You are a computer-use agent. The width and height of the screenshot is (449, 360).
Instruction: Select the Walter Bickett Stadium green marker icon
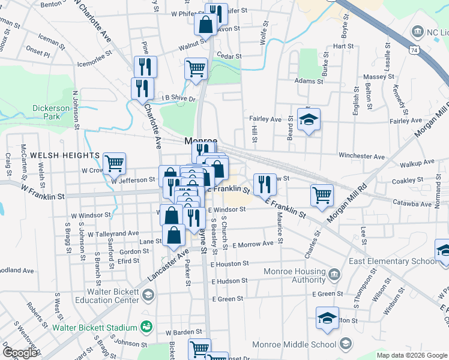click(x=145, y=327)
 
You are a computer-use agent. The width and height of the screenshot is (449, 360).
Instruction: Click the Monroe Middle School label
click(x=294, y=344)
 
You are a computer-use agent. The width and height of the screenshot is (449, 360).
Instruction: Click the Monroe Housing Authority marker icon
click(x=334, y=275)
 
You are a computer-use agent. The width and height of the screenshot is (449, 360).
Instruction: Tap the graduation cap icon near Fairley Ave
click(x=309, y=119)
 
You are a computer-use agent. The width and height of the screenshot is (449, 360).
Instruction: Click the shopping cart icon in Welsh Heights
click(x=113, y=162)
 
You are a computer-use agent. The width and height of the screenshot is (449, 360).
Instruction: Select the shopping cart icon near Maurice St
click(x=322, y=194)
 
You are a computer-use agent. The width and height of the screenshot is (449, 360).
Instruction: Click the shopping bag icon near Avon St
click(x=205, y=25)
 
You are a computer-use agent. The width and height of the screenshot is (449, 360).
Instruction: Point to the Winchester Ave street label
click(x=361, y=157)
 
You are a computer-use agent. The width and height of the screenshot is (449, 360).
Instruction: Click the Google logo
click(x=20, y=353)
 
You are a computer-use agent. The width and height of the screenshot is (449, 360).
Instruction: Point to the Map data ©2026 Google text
click(x=412, y=355)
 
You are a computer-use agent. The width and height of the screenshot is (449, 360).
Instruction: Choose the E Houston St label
click(x=230, y=263)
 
